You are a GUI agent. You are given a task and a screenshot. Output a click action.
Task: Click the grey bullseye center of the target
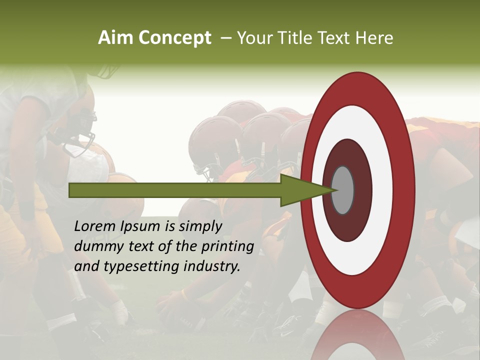click(342, 190)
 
